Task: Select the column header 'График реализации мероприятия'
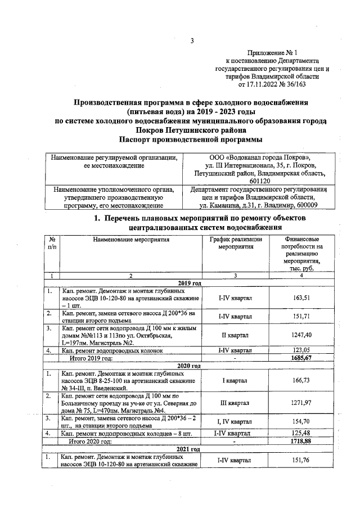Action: point(236,243)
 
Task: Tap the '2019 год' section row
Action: point(189,283)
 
